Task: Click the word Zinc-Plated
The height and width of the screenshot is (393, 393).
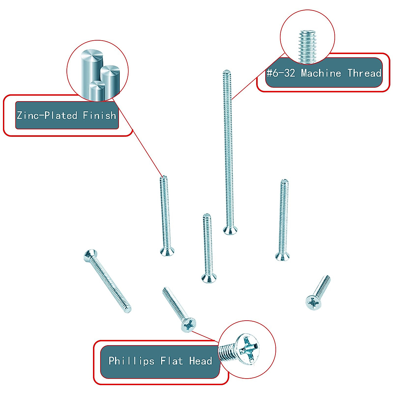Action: click(x=47, y=115)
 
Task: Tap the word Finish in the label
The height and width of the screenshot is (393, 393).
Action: click(x=99, y=115)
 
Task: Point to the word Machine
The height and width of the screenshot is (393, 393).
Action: click(x=321, y=73)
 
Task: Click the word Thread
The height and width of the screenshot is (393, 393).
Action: click(x=364, y=73)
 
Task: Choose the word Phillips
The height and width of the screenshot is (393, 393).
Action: click(x=131, y=361)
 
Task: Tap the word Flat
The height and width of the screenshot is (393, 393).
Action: click(x=171, y=361)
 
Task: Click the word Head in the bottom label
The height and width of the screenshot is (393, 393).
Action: click(x=200, y=361)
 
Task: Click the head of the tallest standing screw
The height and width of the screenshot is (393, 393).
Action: click(x=230, y=230)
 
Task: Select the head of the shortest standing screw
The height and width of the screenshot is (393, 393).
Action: click(x=209, y=278)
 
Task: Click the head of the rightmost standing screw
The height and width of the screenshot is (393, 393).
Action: click(x=282, y=256)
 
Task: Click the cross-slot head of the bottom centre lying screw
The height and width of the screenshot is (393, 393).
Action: click(x=189, y=325)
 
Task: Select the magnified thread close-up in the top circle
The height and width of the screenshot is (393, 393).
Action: click(x=307, y=46)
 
